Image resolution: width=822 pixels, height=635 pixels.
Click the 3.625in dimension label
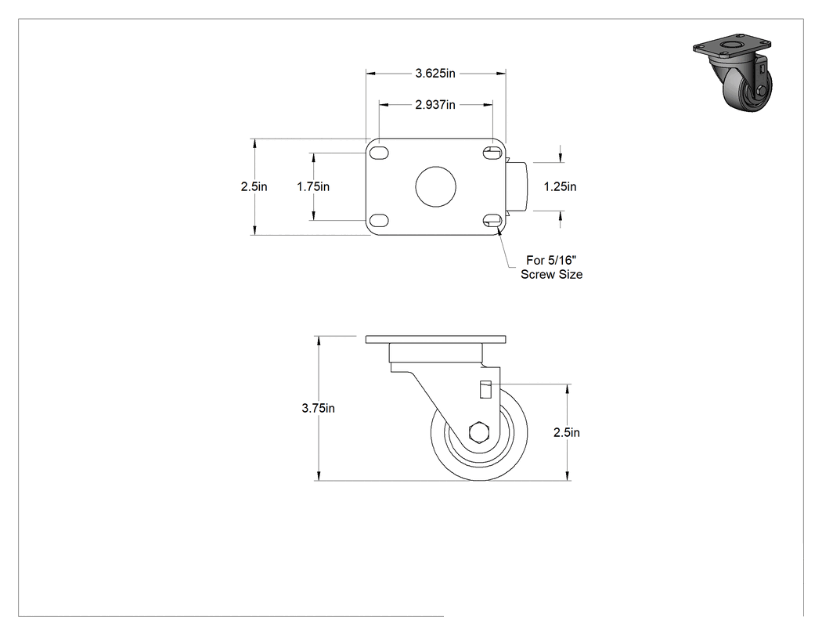pos(435,74)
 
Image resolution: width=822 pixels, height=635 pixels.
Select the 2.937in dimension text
pos(435,105)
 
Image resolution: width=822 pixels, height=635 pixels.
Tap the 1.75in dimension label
pos(313,186)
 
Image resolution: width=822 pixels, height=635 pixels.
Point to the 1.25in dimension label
pos(560,186)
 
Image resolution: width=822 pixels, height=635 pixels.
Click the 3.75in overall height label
pos(318,408)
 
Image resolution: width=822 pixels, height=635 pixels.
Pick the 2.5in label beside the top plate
pos(254,186)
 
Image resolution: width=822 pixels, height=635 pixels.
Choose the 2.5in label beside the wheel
pos(567,432)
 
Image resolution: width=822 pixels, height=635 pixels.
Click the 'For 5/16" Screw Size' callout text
pos(551,267)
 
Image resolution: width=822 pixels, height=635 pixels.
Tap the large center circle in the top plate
pos(435,186)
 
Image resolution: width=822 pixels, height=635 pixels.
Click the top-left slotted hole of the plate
pos(379,153)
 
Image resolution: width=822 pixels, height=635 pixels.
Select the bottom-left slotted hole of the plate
pos(379,220)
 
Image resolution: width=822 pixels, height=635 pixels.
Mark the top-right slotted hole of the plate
pos(492,153)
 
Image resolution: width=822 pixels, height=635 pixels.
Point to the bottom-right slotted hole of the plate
pos(492,220)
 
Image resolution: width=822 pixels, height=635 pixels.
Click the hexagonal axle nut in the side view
pos(478,432)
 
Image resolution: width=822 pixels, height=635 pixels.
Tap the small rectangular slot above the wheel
pos(485,390)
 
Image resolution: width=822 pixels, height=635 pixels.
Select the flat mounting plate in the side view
pos(435,339)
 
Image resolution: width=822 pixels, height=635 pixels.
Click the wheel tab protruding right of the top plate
pos(520,186)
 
